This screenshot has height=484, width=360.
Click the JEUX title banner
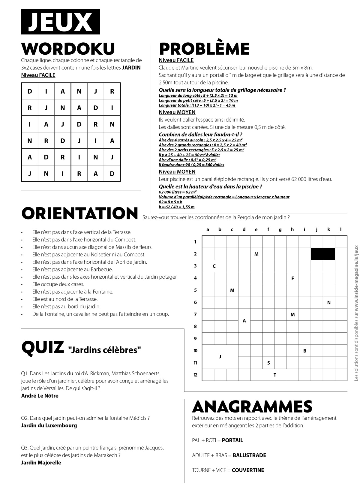tap(60, 22)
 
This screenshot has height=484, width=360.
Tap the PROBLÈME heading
tap(204, 49)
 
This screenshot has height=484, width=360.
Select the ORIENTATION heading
tap(80, 213)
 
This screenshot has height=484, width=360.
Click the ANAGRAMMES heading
tap(252, 407)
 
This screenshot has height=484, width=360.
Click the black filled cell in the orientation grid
tap(323, 254)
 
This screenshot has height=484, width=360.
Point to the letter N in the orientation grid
tap(329, 302)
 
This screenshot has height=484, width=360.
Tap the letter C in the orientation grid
tap(214, 266)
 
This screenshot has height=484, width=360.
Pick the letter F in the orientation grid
tap(292, 278)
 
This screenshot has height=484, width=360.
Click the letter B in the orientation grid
tap(305, 351)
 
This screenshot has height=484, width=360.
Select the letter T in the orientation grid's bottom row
tap(274, 375)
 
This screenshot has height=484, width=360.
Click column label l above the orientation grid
tap(341, 230)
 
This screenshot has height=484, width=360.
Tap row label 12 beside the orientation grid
tap(195, 375)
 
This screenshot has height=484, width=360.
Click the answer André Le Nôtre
tap(40, 396)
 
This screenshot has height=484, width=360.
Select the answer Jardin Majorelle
tap(41, 463)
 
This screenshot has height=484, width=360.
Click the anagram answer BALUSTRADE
tap(249, 455)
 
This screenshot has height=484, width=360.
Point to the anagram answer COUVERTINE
tap(248, 470)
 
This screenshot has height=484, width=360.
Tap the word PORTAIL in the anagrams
tap(232, 440)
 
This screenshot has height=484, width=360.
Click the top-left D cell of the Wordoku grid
tap(30, 92)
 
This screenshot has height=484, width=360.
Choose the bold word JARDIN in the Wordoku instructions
tap(131, 68)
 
